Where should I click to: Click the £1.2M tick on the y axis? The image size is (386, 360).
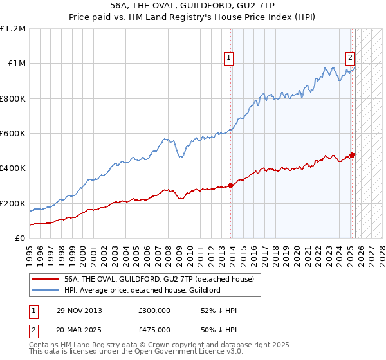pos(13,29)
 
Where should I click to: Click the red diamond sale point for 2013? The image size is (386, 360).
pos(230,186)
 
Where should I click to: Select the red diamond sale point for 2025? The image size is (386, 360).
pos(353,155)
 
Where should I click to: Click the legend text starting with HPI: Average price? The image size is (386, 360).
pos(142,290)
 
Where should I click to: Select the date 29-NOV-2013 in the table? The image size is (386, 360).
pos(80,310)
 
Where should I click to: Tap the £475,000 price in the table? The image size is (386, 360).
pos(154,329)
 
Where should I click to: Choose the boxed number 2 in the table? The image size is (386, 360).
pos(33,329)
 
